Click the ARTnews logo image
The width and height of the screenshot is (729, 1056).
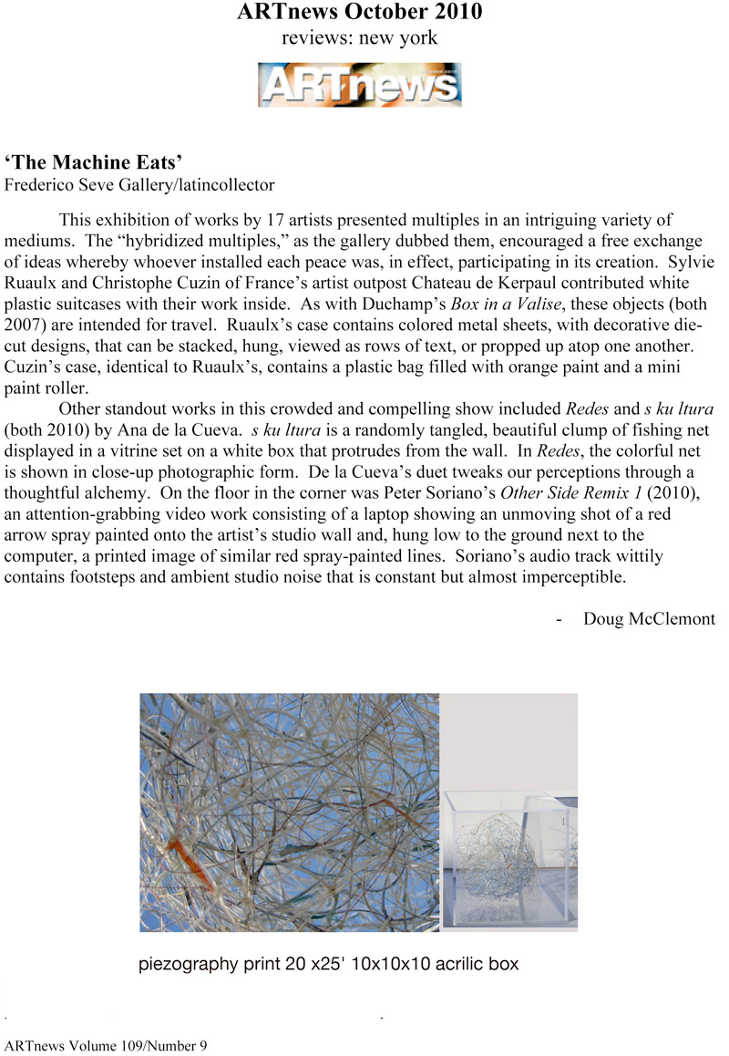point(359,84)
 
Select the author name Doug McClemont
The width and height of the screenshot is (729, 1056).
point(649,619)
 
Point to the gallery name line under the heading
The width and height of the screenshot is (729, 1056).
point(139,185)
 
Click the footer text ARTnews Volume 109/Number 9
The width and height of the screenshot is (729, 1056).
point(107,1045)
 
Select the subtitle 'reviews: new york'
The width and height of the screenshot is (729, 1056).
point(359,38)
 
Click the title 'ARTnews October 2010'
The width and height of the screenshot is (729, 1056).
point(359,13)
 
